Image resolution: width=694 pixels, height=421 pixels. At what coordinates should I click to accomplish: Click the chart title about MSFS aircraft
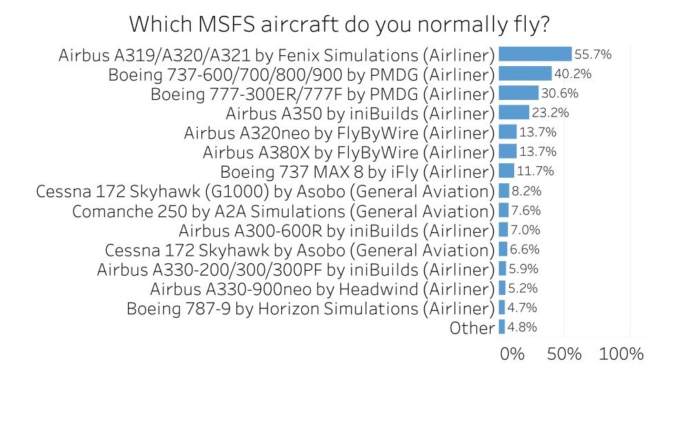click(x=339, y=24)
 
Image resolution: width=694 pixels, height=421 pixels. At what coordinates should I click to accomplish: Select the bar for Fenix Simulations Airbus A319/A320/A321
click(x=535, y=54)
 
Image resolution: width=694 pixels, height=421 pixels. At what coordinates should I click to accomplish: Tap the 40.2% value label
click(x=573, y=74)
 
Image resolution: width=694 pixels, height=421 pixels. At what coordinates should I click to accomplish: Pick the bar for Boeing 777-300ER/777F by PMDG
click(x=518, y=93)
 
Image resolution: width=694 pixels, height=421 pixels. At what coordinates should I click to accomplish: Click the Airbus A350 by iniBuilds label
click(x=360, y=113)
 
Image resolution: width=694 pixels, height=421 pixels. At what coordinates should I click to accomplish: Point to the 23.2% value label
click(x=550, y=112)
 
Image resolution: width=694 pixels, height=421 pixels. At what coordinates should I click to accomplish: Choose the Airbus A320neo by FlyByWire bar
click(x=507, y=132)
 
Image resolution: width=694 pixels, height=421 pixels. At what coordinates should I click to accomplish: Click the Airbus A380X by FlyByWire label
click(x=349, y=152)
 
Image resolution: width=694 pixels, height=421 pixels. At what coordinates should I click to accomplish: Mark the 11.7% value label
click(x=535, y=171)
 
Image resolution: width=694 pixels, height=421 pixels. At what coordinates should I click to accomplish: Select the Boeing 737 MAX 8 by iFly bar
click(x=506, y=171)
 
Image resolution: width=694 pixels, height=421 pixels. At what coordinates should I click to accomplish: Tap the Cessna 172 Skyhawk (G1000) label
click(x=265, y=191)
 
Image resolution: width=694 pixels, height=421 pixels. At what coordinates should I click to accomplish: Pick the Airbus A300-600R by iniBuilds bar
click(x=503, y=229)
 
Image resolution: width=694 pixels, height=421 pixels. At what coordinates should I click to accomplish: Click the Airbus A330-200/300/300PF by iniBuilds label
click(x=296, y=269)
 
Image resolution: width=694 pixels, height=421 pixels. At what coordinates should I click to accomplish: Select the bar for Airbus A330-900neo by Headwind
click(x=502, y=288)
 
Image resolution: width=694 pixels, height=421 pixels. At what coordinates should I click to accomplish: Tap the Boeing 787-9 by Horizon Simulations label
click(x=311, y=308)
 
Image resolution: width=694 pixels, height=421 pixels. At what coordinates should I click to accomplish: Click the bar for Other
click(x=502, y=327)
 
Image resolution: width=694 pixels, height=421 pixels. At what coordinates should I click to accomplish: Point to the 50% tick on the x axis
click(x=564, y=354)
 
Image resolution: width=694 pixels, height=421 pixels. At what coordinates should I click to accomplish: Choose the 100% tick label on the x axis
click(x=622, y=354)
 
